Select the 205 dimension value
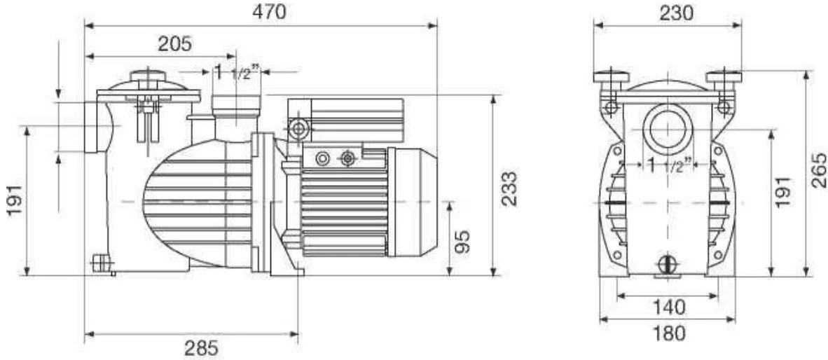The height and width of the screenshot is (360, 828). coord(175,44)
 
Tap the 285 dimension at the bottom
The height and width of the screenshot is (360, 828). coord(200,348)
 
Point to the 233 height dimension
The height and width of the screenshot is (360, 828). coord(509,189)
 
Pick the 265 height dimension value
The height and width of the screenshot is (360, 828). coord(818,170)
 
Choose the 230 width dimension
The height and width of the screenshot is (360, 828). coord(676,14)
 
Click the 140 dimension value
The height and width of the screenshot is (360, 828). coord(668,307)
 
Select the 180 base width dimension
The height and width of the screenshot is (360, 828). coord(668,333)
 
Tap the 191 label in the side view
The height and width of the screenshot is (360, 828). coord(15,200)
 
